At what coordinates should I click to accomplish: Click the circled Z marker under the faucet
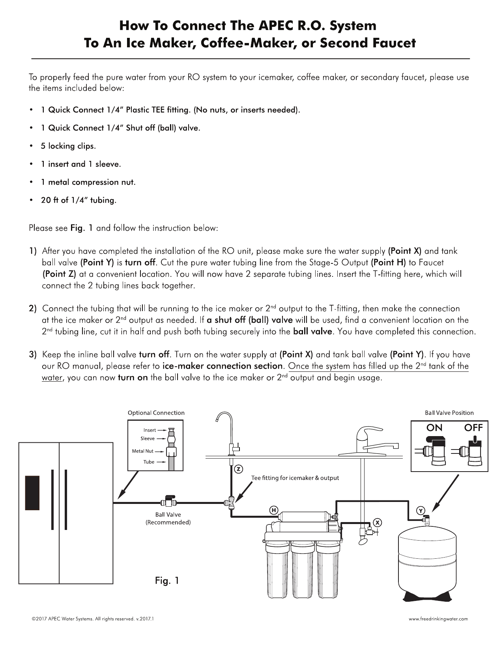point(238,469)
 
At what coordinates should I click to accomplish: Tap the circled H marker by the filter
point(273,510)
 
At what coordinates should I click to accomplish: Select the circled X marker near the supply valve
point(378,522)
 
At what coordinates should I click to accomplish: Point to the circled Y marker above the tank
point(421,511)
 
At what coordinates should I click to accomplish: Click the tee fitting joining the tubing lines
point(231,503)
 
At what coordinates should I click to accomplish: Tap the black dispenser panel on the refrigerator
point(32,493)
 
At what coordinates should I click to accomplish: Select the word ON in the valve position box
point(434,428)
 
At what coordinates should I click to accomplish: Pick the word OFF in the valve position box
point(473,428)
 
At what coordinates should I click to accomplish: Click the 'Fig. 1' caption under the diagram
point(167,580)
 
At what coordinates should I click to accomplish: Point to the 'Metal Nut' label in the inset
point(142,451)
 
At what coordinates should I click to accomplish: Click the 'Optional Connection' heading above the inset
point(156,413)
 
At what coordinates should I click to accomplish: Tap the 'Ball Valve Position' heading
point(449,413)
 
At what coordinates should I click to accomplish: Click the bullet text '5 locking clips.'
point(68,146)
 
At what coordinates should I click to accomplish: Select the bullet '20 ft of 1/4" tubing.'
point(79,200)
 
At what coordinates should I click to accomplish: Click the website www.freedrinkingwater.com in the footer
point(438,619)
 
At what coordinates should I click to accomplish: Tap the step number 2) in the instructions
point(33,309)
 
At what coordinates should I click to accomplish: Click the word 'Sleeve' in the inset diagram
point(148,438)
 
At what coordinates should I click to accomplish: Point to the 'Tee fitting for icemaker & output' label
point(295,478)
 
